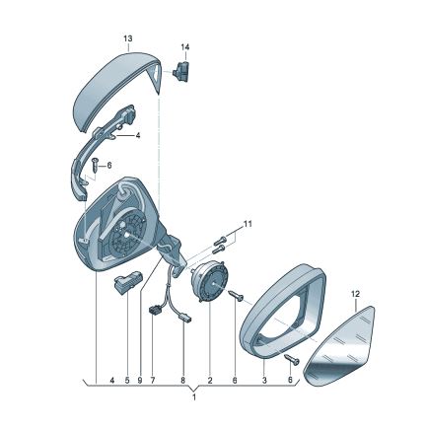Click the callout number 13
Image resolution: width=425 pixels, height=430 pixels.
pos(128,38)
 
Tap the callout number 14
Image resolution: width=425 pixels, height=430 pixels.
pos(185,47)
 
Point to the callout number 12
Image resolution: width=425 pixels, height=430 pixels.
pos(355,294)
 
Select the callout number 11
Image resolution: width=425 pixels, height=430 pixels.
pos(248,224)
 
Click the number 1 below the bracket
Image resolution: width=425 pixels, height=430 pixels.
pos(194,397)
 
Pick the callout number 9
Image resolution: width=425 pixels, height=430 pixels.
pos(140,381)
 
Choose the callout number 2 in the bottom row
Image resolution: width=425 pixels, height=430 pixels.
pos(210,381)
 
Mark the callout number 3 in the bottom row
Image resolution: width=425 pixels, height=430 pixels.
pos(264,381)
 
